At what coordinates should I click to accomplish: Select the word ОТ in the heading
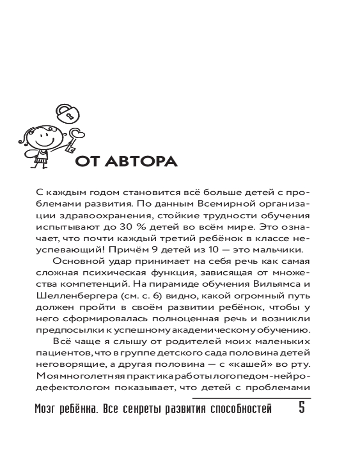pyautogui.click(x=86, y=162)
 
